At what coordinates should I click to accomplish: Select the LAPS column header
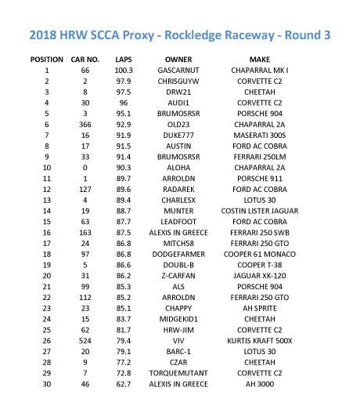[124, 60]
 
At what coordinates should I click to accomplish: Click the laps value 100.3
[124, 71]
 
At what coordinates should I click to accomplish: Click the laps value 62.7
[124, 385]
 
